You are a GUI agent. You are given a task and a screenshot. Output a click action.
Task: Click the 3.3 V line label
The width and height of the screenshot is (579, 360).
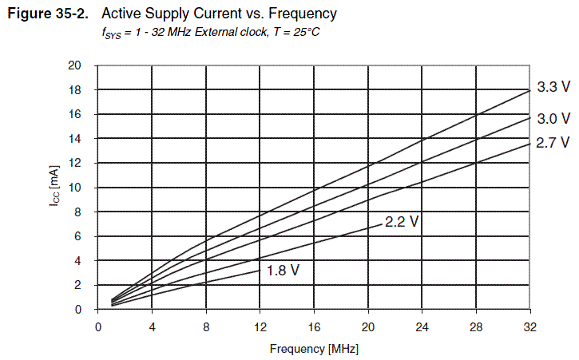click(553, 87)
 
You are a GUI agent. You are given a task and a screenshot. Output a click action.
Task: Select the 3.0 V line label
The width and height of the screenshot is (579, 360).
click(553, 119)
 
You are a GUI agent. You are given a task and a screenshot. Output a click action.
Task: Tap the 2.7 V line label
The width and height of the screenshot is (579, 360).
click(553, 143)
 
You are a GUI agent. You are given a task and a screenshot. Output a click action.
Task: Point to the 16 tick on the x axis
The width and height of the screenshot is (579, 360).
click(314, 327)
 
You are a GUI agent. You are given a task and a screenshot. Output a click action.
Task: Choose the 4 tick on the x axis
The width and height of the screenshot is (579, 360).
click(152, 327)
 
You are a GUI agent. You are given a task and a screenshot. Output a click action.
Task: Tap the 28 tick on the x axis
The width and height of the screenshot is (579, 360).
click(476, 327)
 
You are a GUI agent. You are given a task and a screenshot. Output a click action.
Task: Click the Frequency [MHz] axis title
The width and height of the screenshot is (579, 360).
click(314, 348)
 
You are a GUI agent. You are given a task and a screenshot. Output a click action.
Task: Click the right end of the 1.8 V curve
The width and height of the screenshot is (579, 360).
click(260, 271)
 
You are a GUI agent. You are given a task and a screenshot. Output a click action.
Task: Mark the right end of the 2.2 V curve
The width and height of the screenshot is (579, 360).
click(382, 225)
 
